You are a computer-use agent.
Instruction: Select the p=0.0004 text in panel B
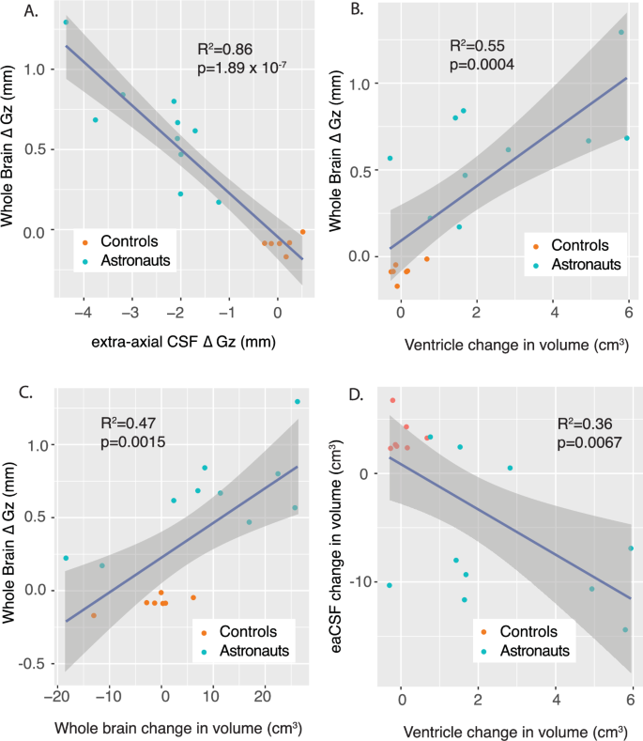[x=482, y=64]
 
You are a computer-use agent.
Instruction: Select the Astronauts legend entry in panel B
[x=582, y=265]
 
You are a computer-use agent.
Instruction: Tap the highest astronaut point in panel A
[x=66, y=22]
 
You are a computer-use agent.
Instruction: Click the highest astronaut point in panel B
[x=620, y=32]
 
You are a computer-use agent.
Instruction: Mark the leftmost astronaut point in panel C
[x=66, y=558]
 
